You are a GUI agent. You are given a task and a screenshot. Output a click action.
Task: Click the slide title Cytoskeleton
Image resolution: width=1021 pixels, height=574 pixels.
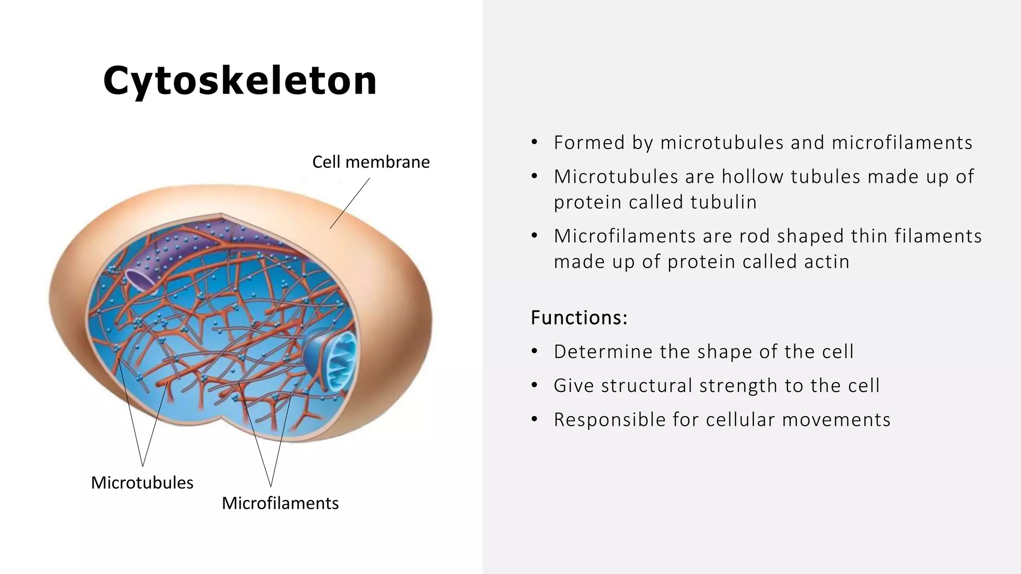[x=240, y=81]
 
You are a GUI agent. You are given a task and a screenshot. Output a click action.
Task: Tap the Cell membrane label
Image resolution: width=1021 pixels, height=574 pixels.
[x=370, y=162]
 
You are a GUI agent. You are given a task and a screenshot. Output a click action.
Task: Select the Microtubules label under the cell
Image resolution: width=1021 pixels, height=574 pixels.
[x=142, y=482]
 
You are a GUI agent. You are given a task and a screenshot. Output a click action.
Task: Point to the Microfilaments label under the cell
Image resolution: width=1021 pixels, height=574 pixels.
[x=280, y=503]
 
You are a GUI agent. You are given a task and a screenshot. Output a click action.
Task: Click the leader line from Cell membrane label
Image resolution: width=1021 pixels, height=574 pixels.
[x=350, y=203]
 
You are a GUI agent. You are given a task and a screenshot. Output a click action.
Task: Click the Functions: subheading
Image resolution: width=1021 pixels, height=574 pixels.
[x=579, y=317]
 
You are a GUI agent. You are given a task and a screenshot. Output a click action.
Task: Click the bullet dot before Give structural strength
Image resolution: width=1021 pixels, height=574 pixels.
[x=534, y=385]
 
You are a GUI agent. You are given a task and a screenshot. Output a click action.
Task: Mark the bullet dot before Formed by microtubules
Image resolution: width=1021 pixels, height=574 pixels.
[x=534, y=143]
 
